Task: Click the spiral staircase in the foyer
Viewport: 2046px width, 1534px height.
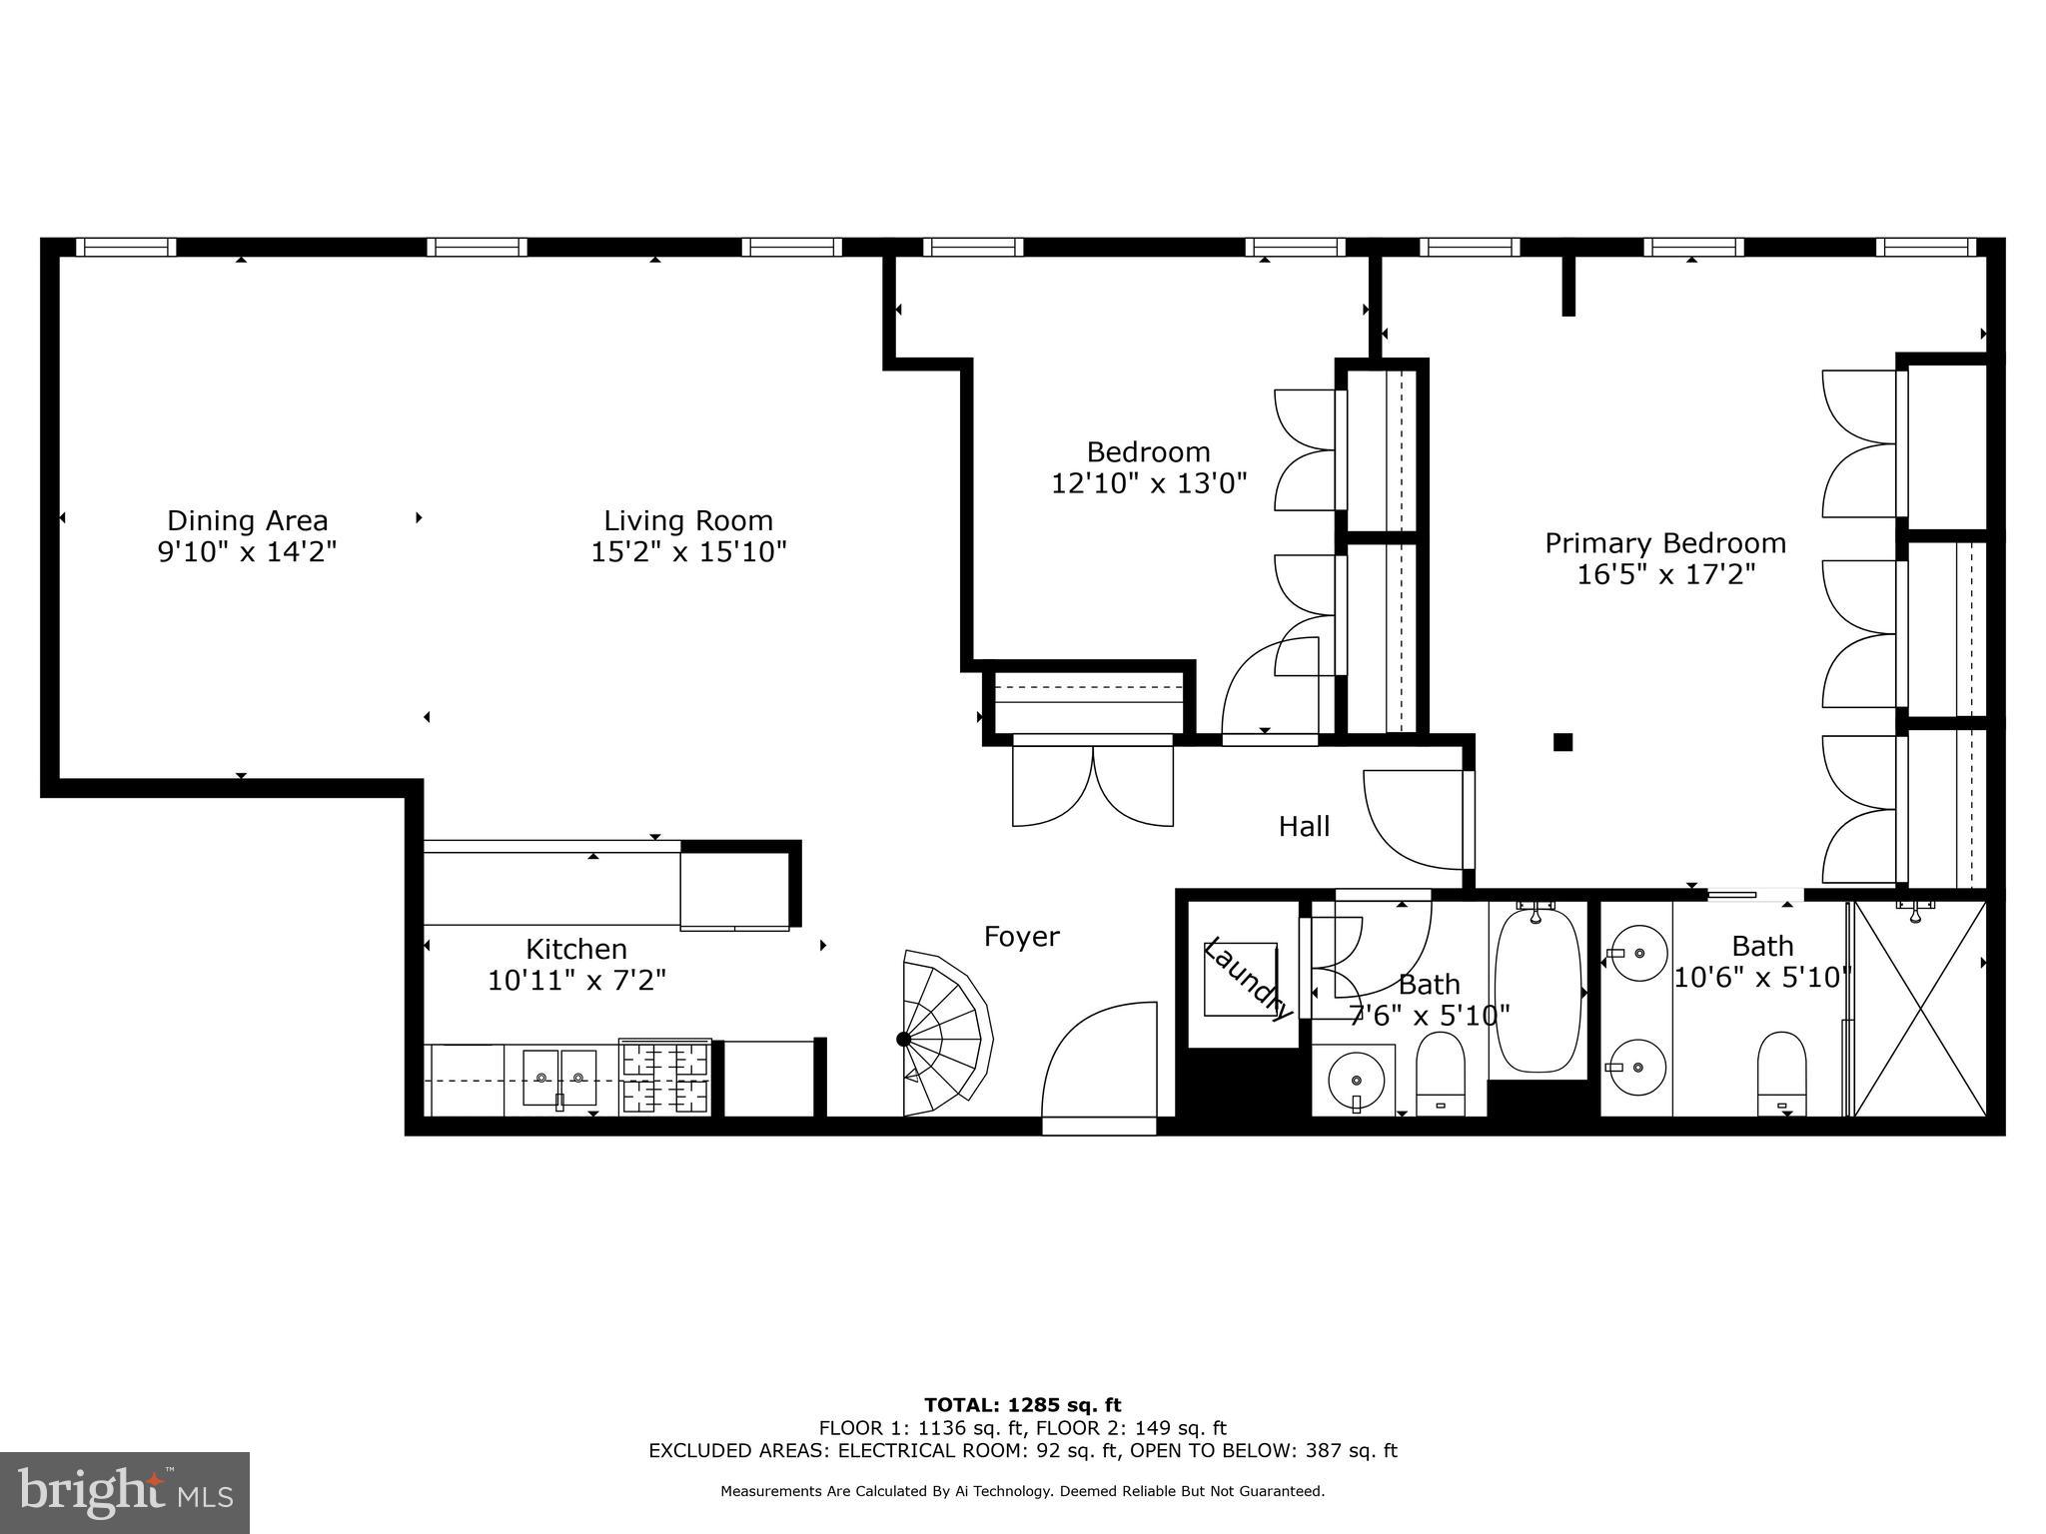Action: pyautogui.click(x=944, y=1035)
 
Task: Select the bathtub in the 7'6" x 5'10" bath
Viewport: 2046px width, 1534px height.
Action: pyautogui.click(x=1537, y=989)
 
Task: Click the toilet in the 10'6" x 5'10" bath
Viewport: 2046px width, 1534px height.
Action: pyautogui.click(x=1781, y=1073)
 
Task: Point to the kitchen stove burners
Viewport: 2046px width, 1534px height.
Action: pyautogui.click(x=665, y=1077)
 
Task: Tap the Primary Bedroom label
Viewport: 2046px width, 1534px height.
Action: pyautogui.click(x=1665, y=543)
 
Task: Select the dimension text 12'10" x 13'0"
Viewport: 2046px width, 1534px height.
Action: pyautogui.click(x=1149, y=484)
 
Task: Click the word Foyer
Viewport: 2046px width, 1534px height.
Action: pyautogui.click(x=1021, y=937)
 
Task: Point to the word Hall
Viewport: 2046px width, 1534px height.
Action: pyautogui.click(x=1304, y=827)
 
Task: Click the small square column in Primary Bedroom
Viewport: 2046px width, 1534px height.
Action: pyautogui.click(x=1562, y=742)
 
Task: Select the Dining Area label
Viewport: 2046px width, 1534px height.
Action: pyautogui.click(x=247, y=520)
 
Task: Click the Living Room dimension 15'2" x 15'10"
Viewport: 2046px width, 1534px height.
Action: pyautogui.click(x=688, y=552)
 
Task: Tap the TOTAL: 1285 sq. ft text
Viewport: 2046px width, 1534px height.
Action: pyautogui.click(x=1022, y=1405)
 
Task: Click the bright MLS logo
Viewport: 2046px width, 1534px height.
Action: pyautogui.click(x=124, y=1492)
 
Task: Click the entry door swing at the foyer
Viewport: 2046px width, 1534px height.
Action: pyautogui.click(x=1099, y=1064)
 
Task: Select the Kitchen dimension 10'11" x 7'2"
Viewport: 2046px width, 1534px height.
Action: pyautogui.click(x=576, y=981)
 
